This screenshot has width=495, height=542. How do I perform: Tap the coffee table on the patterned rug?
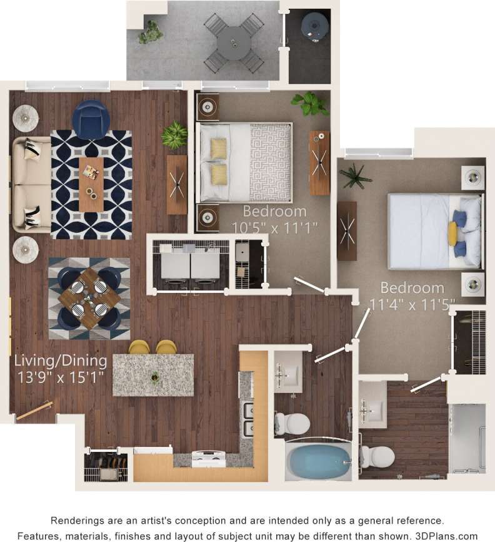click(91, 183)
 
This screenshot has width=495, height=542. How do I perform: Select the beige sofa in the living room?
click(31, 185)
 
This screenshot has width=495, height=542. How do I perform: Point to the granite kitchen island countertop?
click(153, 375)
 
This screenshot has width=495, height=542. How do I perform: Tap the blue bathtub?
click(318, 462)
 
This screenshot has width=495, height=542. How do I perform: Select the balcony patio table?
click(234, 43)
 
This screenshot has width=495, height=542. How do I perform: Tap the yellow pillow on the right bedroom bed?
click(452, 233)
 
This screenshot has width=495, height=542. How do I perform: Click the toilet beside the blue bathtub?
click(292, 424)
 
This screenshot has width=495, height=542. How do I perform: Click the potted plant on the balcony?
click(150, 32)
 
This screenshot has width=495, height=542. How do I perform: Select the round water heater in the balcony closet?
click(314, 26)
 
